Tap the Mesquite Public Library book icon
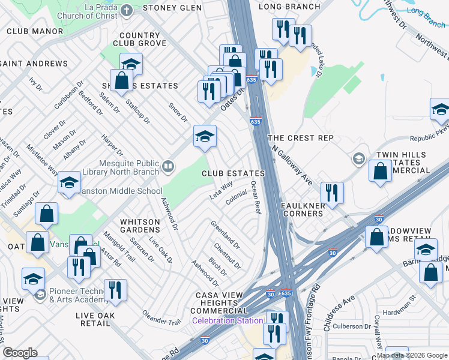point(169,165)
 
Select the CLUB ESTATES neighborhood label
point(233,173)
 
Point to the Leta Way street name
point(220,190)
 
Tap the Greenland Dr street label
point(225,235)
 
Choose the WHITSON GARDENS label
point(140,227)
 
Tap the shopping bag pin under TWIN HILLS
point(380,171)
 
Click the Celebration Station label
point(228,320)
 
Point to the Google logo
point(20,353)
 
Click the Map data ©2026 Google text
point(412,355)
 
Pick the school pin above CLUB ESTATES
point(205,136)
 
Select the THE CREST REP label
point(300,138)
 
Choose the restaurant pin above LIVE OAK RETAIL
point(115,290)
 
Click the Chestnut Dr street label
point(227,256)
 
